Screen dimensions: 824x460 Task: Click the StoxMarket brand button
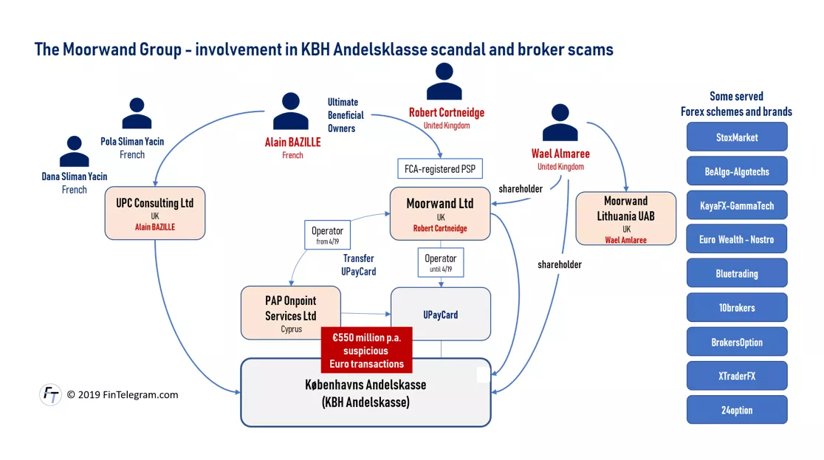737,137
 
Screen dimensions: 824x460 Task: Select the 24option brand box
737,410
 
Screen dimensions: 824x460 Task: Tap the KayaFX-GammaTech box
737,205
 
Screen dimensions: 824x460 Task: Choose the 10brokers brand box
737,308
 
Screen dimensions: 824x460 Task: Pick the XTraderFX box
737,376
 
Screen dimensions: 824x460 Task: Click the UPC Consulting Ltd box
155,213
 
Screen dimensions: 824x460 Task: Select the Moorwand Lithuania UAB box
626,219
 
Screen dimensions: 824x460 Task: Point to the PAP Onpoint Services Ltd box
291,313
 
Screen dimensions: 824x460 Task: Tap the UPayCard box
440,314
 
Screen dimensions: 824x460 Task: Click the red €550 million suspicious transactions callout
366,350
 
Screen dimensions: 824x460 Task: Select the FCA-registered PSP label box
440,169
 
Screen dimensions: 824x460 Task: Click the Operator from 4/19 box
327,235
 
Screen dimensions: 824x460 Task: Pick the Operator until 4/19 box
440,262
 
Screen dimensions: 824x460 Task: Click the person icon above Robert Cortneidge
444,81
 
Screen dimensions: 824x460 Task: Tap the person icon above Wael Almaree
560,123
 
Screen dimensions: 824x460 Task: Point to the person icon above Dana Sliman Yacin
74,151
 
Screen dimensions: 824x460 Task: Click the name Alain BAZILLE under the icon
292,142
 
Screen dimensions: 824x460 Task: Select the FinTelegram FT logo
50,394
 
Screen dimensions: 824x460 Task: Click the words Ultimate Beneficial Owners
346,115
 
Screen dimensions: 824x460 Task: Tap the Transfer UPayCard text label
358,265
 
